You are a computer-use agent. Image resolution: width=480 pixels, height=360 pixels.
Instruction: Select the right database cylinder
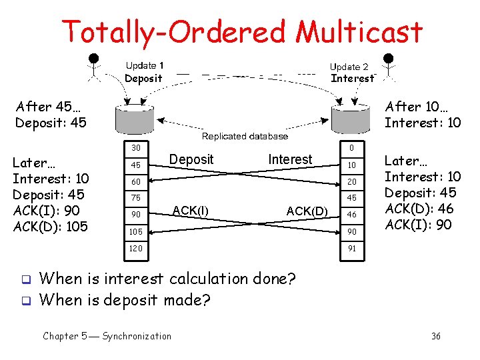click(x=351, y=119)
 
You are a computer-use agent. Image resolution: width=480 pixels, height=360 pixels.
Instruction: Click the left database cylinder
click(x=134, y=118)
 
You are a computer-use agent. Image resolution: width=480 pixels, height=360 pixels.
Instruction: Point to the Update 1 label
click(x=145, y=65)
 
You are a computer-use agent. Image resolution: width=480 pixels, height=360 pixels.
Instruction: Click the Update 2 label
click(x=349, y=67)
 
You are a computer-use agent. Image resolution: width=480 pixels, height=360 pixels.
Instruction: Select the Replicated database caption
click(x=245, y=136)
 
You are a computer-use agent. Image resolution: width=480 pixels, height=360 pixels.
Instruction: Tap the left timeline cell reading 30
click(x=136, y=147)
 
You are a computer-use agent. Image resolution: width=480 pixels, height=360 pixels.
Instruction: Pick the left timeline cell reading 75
click(x=136, y=197)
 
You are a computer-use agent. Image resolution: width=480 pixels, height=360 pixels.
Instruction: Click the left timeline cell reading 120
click(x=136, y=248)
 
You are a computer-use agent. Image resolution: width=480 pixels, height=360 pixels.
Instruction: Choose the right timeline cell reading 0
click(x=351, y=147)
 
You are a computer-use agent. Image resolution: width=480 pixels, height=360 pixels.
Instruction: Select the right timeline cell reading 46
click(x=351, y=215)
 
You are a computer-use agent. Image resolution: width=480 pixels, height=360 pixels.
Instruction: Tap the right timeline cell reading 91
click(x=351, y=248)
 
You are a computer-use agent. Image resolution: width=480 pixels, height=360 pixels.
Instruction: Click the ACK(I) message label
click(x=190, y=210)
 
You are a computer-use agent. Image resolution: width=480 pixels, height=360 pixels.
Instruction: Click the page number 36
click(x=435, y=336)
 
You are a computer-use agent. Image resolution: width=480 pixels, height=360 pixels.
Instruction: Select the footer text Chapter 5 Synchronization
click(x=107, y=336)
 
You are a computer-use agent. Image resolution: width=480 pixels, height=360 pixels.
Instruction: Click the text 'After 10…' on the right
click(x=412, y=107)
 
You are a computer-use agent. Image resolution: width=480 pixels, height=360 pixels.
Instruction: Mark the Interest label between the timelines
click(x=290, y=159)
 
